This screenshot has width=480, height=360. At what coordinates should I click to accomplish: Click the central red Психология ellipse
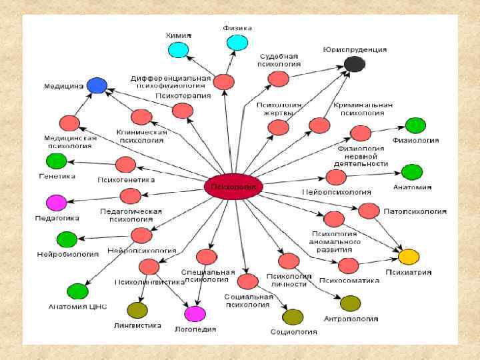point(233,187)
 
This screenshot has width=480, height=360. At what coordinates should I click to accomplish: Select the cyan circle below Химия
point(178,49)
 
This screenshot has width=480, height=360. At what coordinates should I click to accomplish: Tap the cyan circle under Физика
point(237,43)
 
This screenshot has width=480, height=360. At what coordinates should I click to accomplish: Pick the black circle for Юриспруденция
point(354,64)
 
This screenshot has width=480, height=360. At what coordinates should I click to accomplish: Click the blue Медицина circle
point(97,85)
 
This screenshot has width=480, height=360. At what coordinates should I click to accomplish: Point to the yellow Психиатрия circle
point(409,256)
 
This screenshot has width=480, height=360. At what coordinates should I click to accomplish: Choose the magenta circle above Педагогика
point(56,203)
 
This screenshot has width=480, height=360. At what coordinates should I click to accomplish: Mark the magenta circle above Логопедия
point(195,313)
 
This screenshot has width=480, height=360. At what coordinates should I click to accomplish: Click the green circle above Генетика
point(56,161)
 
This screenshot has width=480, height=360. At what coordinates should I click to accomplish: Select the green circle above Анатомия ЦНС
point(77,291)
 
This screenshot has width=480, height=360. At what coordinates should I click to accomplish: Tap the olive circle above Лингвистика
point(137,310)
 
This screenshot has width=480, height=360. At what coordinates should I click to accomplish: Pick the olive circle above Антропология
point(350,303)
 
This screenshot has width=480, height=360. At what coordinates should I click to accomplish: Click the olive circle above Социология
point(293,317)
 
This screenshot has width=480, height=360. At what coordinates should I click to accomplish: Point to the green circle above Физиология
point(415,125)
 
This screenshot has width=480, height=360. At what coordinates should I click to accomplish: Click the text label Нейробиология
point(65,255)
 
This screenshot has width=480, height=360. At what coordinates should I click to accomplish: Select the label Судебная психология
point(277,61)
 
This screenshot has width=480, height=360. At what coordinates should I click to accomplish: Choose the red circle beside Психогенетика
point(125,164)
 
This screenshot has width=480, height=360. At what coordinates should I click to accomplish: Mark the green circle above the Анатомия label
point(412,172)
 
